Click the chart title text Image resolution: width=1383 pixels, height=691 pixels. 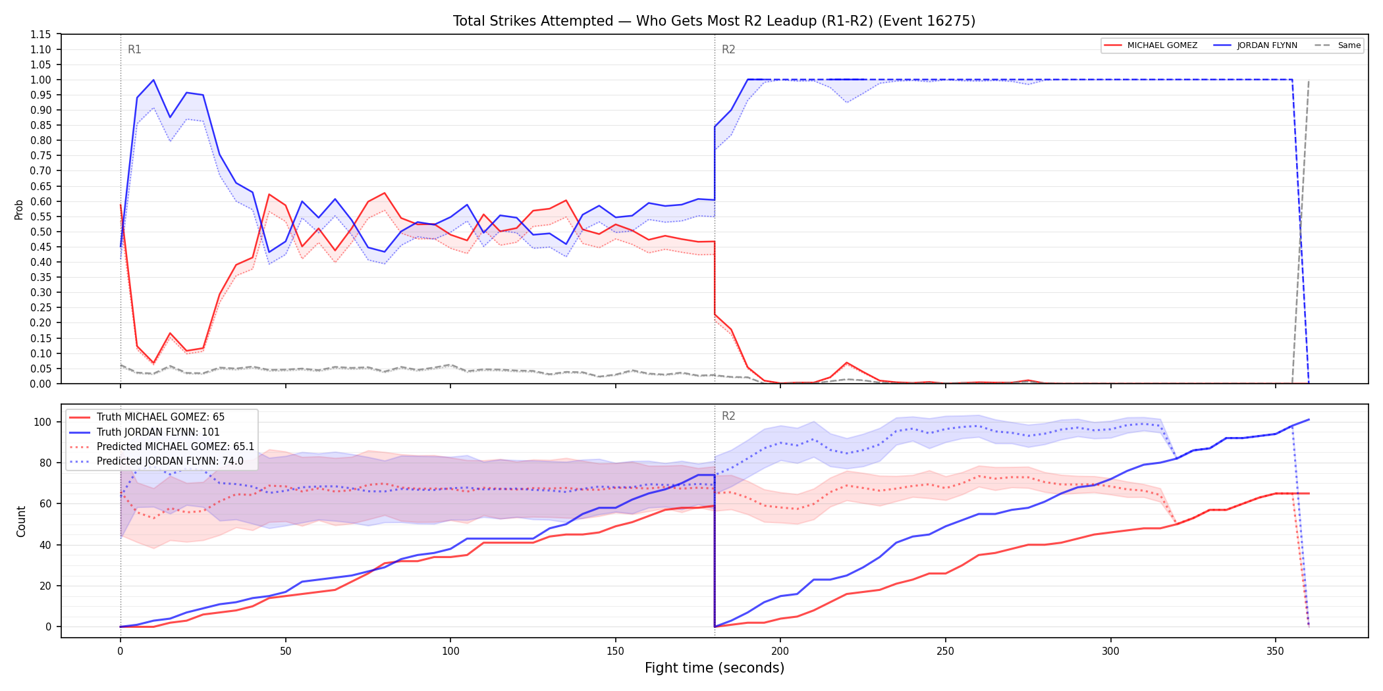[x=714, y=21]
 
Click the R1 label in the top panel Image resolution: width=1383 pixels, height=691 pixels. [x=134, y=49]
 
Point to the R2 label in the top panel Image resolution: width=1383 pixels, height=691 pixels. [x=728, y=49]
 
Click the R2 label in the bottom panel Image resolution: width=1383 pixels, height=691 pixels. [x=728, y=416]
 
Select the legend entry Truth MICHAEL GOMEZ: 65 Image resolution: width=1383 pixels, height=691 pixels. [x=161, y=417]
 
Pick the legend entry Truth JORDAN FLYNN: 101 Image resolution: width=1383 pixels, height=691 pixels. [x=158, y=432]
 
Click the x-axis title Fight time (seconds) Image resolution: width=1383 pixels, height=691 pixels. [x=715, y=668]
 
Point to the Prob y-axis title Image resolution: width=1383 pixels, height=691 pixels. [x=19, y=209]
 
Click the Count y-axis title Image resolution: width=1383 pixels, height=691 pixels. [x=21, y=521]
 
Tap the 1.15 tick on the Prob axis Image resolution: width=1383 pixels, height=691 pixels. [x=41, y=34]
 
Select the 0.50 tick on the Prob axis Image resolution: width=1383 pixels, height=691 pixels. [x=41, y=232]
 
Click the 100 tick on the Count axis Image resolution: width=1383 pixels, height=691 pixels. [x=43, y=422]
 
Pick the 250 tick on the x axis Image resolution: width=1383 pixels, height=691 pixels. [x=945, y=652]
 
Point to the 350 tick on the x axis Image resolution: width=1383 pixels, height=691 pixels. [x=1276, y=652]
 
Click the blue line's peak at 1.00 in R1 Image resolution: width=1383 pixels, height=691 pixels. [x=153, y=80]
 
